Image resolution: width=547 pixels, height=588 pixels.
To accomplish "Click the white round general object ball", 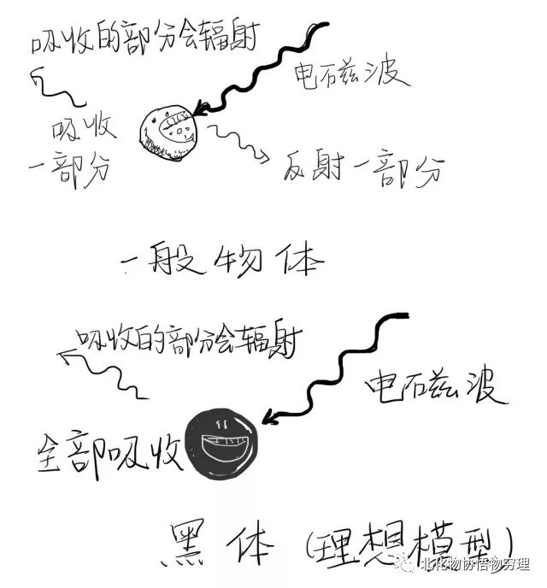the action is click(x=170, y=132).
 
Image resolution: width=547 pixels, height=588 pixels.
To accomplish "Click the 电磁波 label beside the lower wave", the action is click(x=436, y=388).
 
